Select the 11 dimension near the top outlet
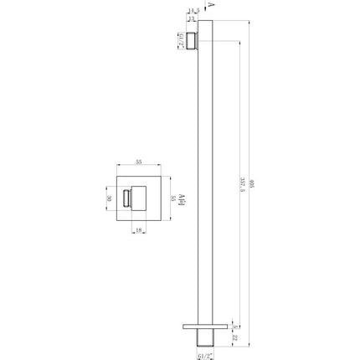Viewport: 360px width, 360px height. (193, 18)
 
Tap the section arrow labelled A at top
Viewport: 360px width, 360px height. (210, 6)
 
